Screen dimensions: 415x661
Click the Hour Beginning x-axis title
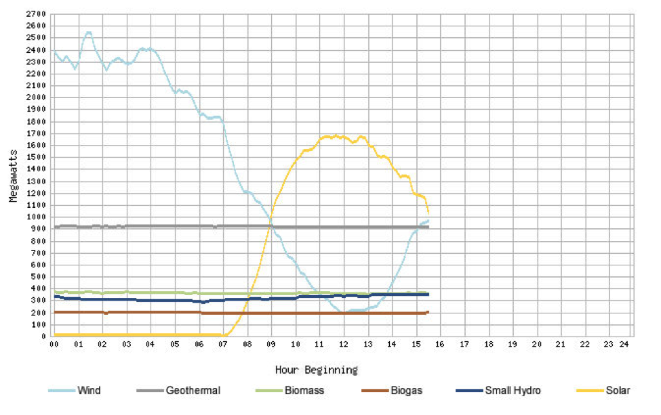pos(316,370)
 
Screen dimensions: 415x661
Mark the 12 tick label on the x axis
pos(343,345)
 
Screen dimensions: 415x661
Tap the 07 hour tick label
pos(223,345)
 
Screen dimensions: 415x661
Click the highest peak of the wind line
pos(89,32)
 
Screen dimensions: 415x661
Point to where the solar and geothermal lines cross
pos(270,226)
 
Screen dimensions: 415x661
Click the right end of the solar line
pos(428,214)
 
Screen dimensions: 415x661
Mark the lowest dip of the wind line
pos(344,312)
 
